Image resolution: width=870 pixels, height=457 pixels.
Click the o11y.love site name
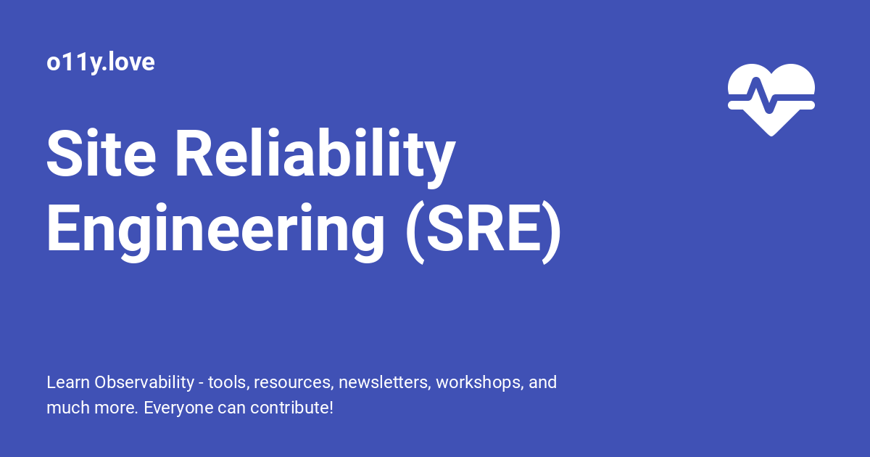(x=100, y=62)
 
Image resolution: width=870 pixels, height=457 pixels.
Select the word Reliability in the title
(x=313, y=155)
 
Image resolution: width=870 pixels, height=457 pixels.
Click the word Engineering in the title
(x=215, y=228)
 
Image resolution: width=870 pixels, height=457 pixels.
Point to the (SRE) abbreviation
(x=482, y=228)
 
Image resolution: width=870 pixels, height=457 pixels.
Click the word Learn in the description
(x=67, y=382)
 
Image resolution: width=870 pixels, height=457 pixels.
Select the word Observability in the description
(x=146, y=382)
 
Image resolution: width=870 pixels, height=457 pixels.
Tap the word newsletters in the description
(x=384, y=382)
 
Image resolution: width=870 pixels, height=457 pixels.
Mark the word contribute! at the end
(x=291, y=408)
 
